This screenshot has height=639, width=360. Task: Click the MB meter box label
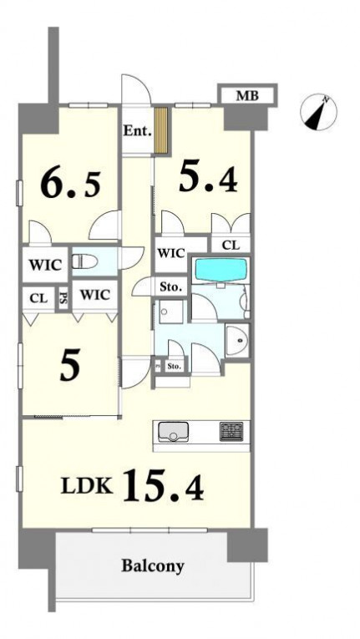[247, 96]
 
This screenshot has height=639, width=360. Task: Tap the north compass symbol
[318, 112]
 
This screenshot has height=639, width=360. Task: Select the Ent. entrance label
[138, 131]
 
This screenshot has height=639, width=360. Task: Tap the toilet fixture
[85, 261]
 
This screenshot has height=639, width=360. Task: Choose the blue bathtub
[221, 269]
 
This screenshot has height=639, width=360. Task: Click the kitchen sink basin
[173, 432]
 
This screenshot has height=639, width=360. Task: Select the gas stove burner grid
[231, 431]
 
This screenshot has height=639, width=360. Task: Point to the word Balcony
[153, 566]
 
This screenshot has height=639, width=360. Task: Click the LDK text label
[86, 487]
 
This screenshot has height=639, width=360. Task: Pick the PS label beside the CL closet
[63, 299]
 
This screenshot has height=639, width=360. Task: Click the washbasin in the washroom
[237, 339]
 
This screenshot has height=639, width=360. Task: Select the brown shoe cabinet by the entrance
[161, 130]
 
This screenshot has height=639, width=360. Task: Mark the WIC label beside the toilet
[45, 265]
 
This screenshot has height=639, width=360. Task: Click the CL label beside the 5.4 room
[231, 246]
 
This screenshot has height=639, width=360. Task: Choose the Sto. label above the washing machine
[170, 287]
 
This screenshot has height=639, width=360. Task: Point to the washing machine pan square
[171, 312]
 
